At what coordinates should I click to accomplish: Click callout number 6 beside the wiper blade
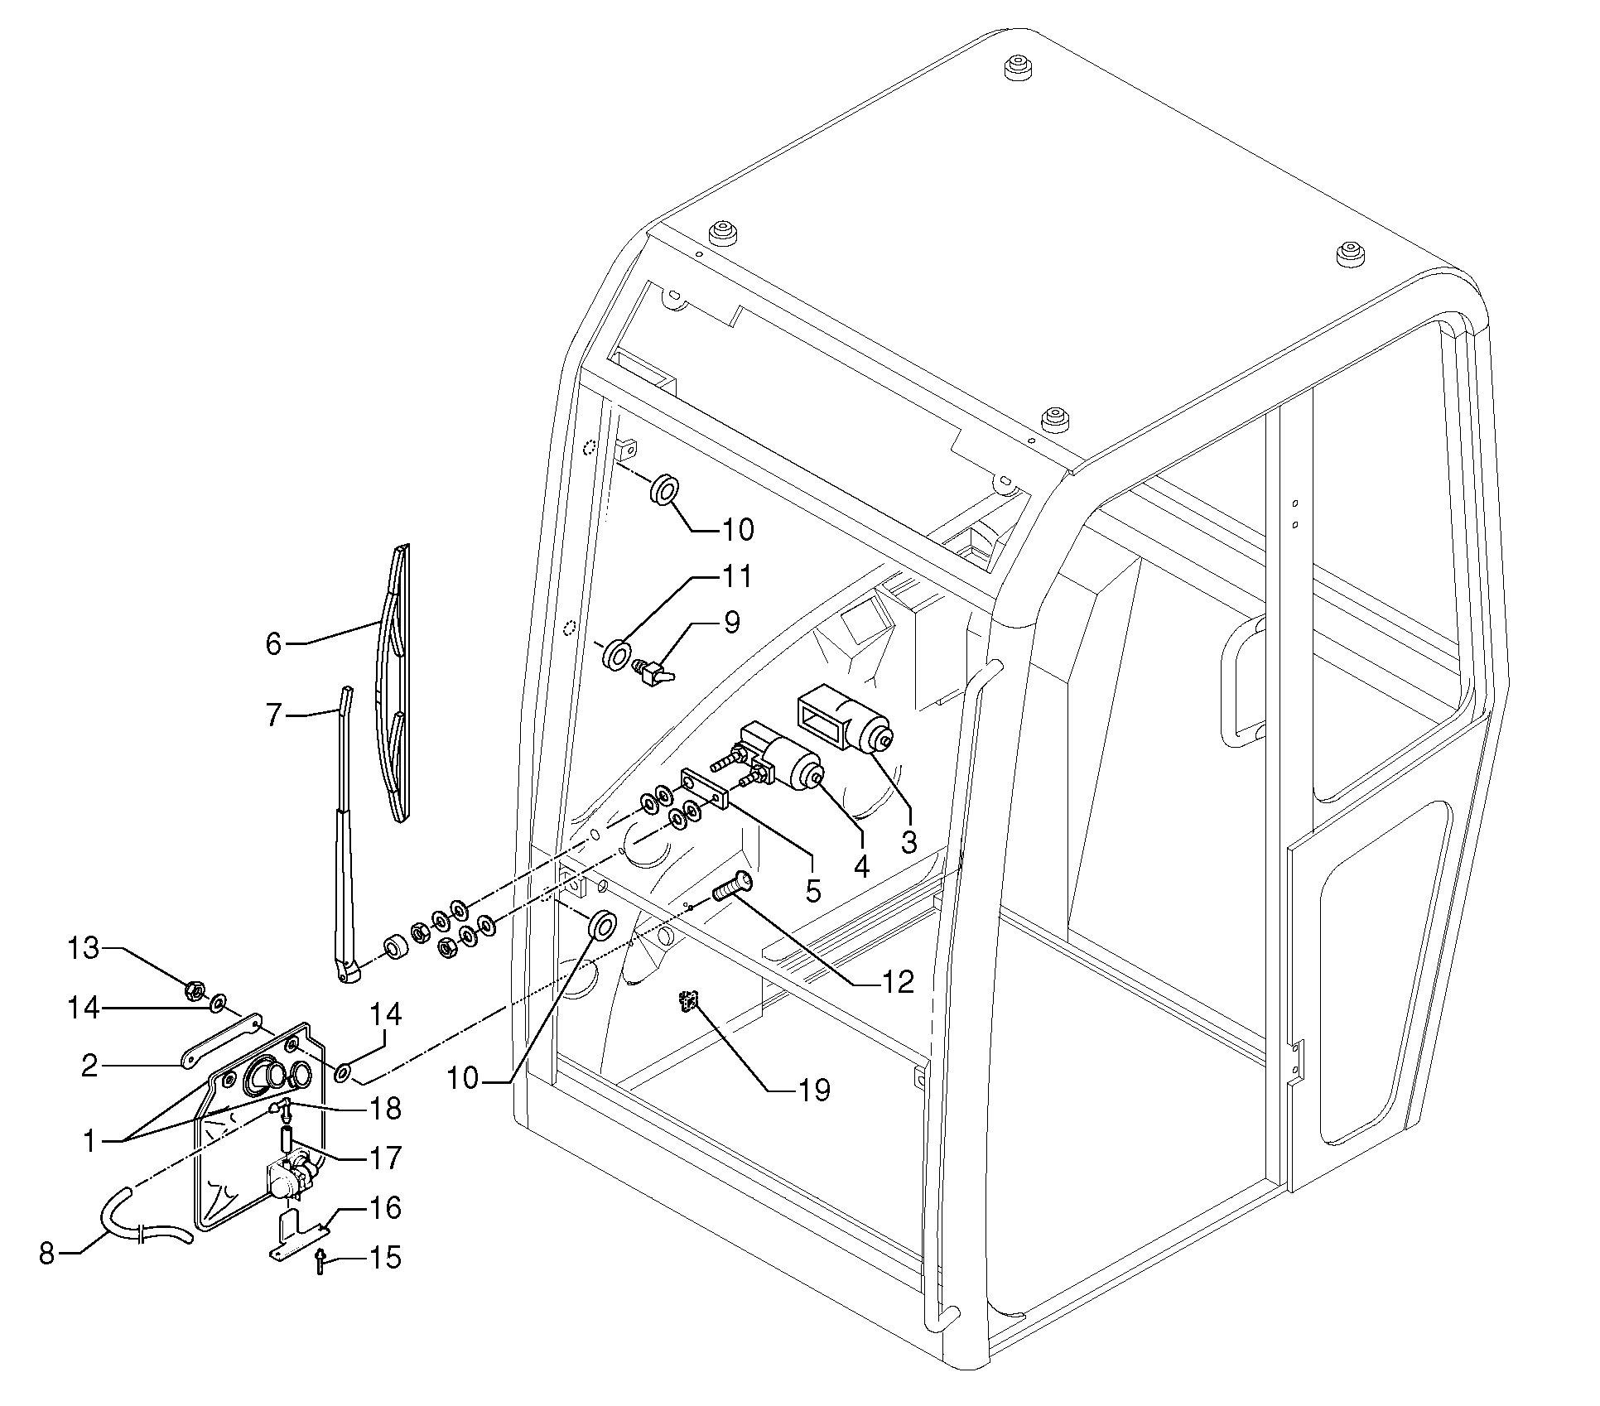pyautogui.click(x=274, y=643)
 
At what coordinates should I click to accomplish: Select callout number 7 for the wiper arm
pyautogui.click(x=274, y=715)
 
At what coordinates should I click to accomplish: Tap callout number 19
pyautogui.click(x=816, y=1091)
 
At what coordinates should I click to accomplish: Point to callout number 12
pyautogui.click(x=899, y=982)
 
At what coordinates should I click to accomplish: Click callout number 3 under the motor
pyautogui.click(x=909, y=842)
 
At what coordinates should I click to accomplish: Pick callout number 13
pyautogui.click(x=83, y=948)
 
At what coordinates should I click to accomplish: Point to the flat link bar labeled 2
pyautogui.click(x=222, y=1040)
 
